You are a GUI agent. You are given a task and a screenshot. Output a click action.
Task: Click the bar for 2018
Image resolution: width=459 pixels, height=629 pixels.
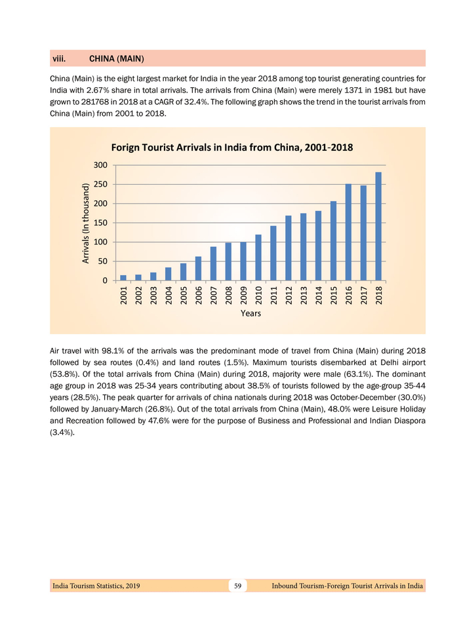pyautogui.click(x=378, y=227)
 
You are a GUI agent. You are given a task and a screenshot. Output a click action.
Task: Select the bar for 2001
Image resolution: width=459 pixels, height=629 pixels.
pyautogui.click(x=123, y=278)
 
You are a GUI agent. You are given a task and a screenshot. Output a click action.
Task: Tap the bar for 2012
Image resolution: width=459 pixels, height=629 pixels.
pyautogui.click(x=289, y=248)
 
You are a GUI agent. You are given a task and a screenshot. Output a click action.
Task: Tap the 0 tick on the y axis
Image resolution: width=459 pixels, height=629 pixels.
pyautogui.click(x=103, y=281)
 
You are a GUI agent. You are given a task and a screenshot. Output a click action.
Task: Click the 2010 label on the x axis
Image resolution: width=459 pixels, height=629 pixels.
pyautogui.click(x=258, y=295)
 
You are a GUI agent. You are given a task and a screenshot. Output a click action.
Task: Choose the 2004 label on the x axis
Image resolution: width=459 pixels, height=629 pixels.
pyautogui.click(x=169, y=295)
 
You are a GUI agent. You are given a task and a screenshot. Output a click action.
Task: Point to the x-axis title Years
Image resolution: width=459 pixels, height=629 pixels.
pyautogui.click(x=250, y=314)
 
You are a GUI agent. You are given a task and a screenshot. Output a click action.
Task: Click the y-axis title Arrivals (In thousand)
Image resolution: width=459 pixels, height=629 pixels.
pyautogui.click(x=85, y=223)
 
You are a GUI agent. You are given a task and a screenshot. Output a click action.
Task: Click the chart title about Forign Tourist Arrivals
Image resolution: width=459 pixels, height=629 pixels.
pyautogui.click(x=232, y=147)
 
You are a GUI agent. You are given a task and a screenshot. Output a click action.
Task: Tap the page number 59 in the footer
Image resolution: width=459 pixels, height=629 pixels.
pyautogui.click(x=238, y=585)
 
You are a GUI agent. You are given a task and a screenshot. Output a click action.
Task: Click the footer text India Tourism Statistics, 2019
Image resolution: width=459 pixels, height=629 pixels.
pyautogui.click(x=96, y=585)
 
